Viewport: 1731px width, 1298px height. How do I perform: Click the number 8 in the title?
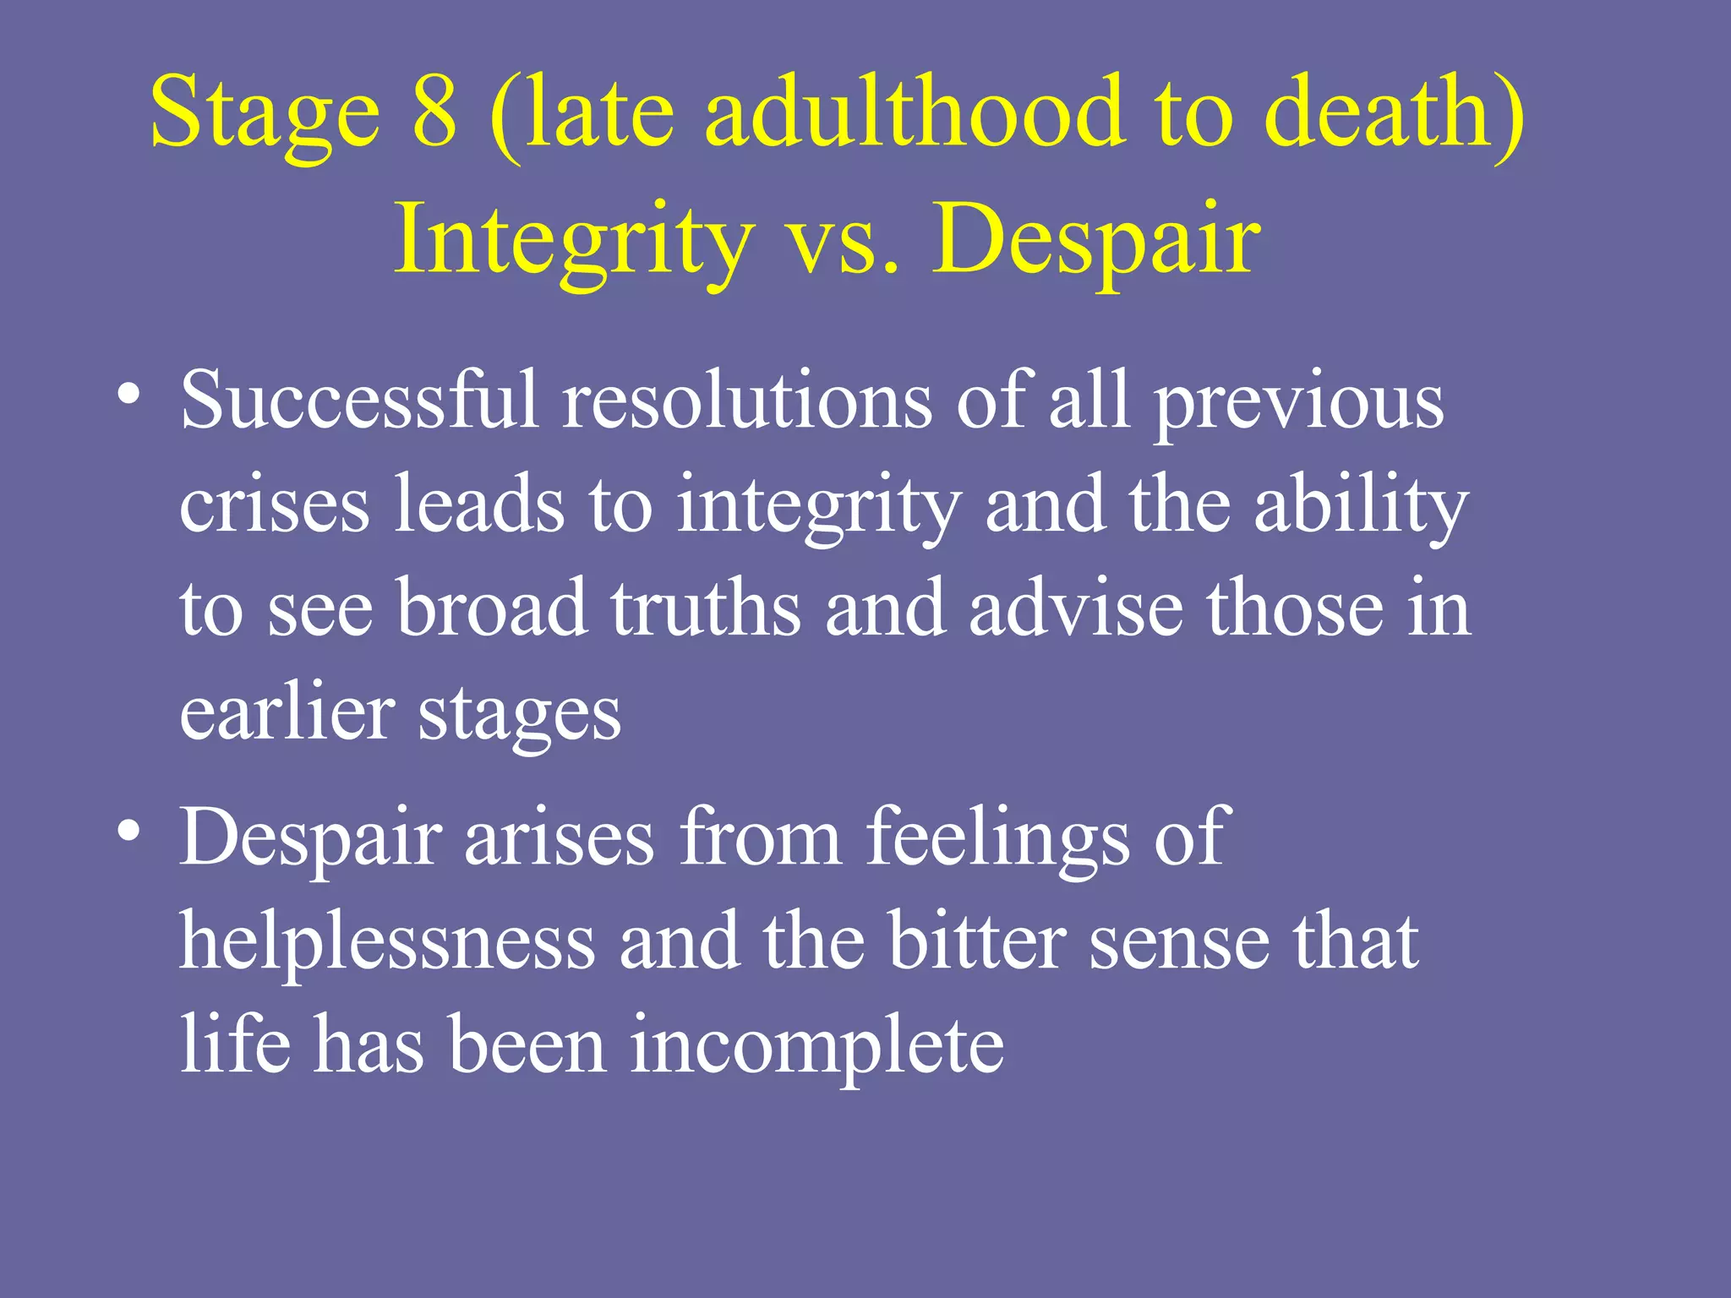pyautogui.click(x=435, y=112)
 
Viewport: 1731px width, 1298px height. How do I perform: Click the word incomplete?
pyautogui.click(x=816, y=1046)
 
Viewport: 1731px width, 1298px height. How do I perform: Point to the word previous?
pyautogui.click(x=1300, y=401)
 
